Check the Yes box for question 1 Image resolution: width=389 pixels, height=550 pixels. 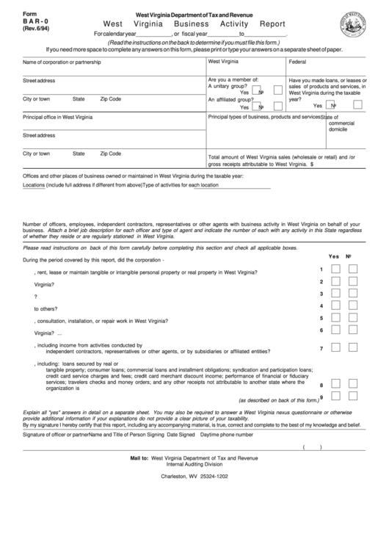point(335,269)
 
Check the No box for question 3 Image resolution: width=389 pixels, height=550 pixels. point(353,294)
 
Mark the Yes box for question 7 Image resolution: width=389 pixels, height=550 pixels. point(335,347)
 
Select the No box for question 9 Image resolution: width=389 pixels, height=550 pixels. point(353,397)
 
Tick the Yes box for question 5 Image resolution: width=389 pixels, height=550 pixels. point(335,319)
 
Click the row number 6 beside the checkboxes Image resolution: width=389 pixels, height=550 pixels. point(321,330)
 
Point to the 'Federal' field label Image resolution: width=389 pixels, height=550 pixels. point(299,63)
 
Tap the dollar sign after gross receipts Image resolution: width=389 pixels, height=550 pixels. point(313,165)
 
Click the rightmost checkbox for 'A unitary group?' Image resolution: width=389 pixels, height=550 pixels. point(277,90)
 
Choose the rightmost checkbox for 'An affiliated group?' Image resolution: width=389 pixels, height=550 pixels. point(277,105)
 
